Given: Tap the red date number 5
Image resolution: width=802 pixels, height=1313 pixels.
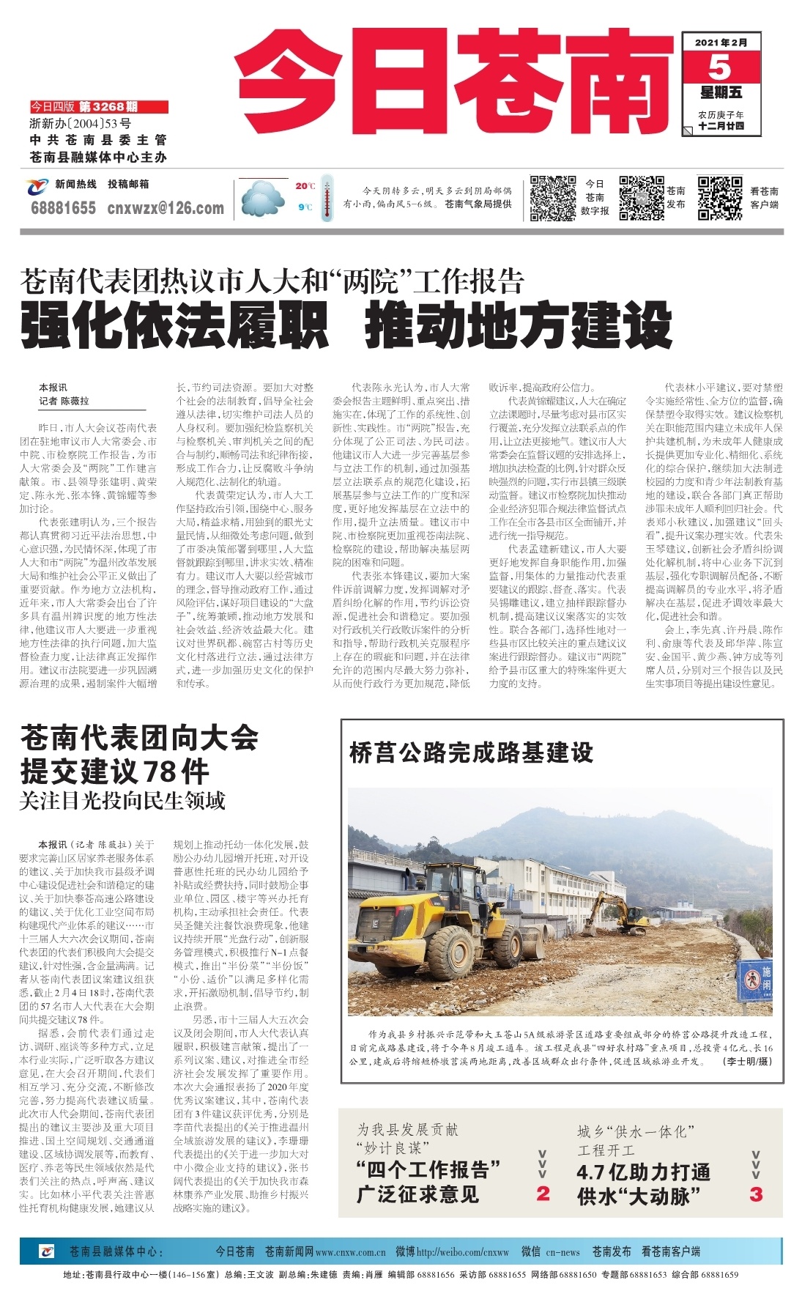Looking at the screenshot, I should point(719,67).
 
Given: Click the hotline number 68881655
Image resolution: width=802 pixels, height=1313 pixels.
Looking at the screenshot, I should point(63,208).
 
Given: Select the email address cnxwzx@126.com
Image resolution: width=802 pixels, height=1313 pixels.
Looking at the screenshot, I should point(166,208).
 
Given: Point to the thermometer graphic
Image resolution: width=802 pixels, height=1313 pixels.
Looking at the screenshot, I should point(326,196).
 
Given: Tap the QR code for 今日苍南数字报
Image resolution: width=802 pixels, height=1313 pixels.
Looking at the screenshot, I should point(553,198).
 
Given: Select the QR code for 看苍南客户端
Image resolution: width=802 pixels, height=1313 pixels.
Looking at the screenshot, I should point(719,198).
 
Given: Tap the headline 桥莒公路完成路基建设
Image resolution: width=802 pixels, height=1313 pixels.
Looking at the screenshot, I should point(471,752).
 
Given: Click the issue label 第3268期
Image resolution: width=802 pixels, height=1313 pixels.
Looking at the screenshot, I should point(108,107).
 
